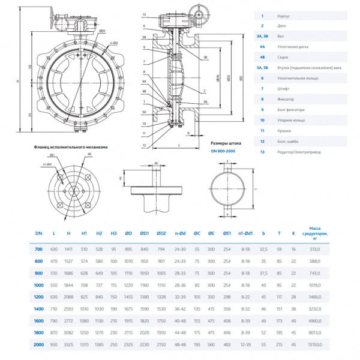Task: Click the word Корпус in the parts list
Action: coord(284,16)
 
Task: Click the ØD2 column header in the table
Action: coord(161,233)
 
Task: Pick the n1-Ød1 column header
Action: coord(245,233)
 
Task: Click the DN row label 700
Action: coord(40,248)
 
